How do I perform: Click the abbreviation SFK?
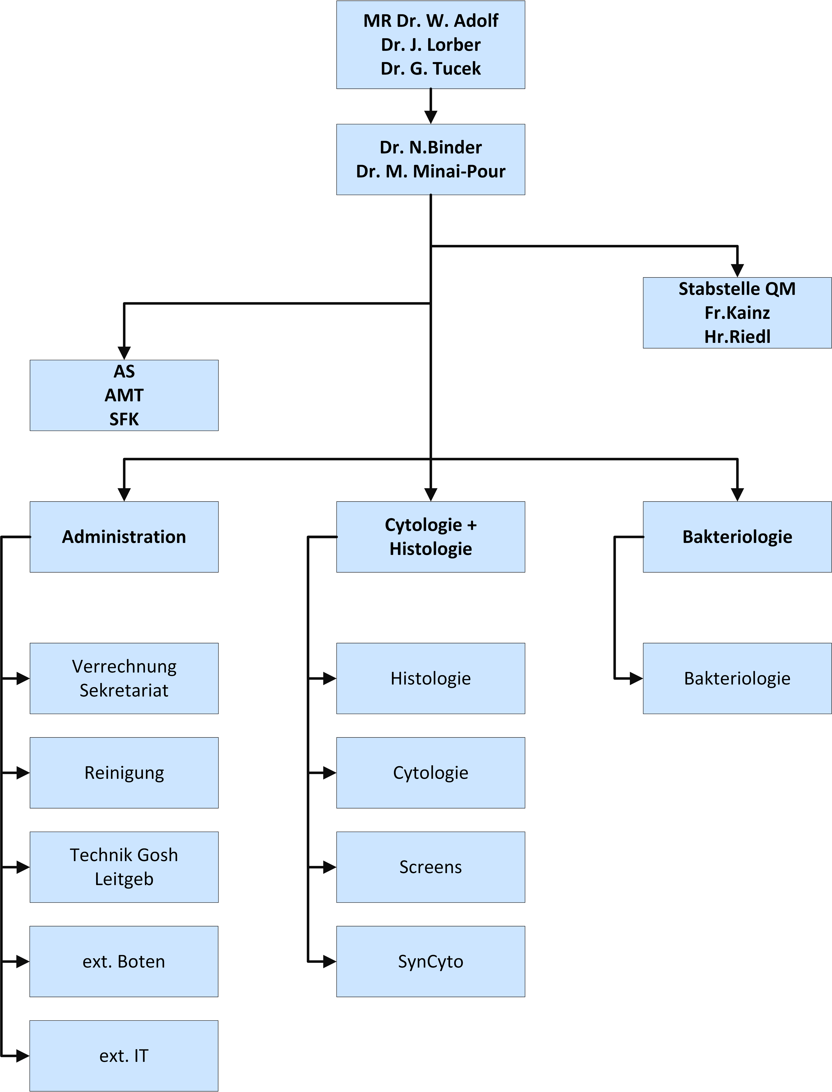point(124,419)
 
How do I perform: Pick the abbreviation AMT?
point(124,395)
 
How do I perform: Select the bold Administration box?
point(124,537)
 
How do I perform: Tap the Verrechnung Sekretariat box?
point(124,679)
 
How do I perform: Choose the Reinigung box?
point(124,773)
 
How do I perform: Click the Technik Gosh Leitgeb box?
point(124,867)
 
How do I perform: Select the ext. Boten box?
point(124,961)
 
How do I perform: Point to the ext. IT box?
point(124,1056)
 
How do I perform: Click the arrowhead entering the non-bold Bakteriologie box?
point(636,679)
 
